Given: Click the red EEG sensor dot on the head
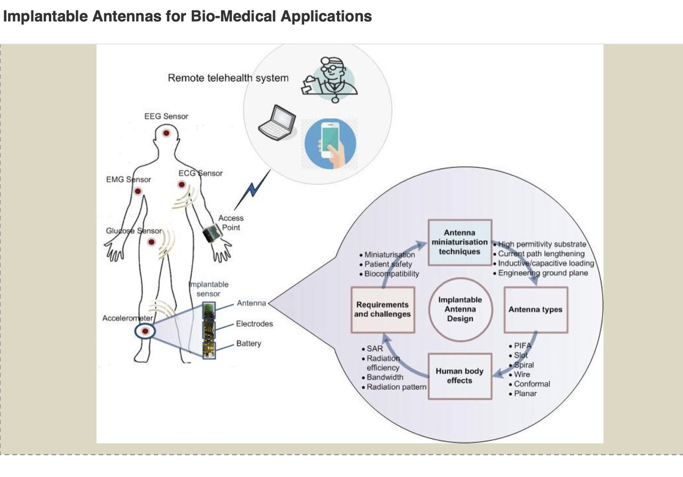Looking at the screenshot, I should pos(166,133).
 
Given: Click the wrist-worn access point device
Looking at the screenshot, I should pos(212,233).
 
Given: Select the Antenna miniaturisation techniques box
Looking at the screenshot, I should pos(459,242).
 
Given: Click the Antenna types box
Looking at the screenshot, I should pos(535,310).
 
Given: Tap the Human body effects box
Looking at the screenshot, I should pos(459,376).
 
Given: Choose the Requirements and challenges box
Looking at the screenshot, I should pos(382,310).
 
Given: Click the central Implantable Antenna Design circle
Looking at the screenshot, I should pos(460,310).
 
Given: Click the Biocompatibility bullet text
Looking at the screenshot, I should pos(392,273).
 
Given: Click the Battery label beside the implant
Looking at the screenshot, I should pos(248,344).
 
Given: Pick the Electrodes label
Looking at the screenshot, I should pos(254,324).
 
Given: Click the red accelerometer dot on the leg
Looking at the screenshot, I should pos(145,331).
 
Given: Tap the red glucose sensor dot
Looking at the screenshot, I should pos(151,242).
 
